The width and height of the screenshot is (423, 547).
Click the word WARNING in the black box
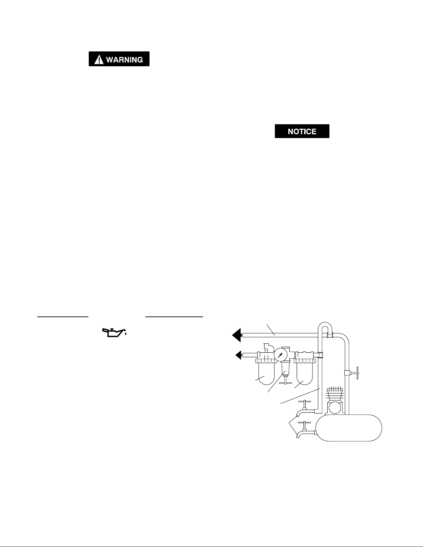tap(124, 60)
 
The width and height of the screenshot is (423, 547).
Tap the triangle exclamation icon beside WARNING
tap(99, 60)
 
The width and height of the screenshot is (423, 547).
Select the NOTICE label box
tap(302, 131)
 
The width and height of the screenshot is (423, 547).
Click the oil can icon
tap(114, 333)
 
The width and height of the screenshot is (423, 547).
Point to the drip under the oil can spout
tap(125, 334)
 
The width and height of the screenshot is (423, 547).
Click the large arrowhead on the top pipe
tap(237, 335)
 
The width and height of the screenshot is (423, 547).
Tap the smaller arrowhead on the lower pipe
tap(238, 355)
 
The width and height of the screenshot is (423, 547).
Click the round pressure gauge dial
tap(280, 355)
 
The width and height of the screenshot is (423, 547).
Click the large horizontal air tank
tap(349, 428)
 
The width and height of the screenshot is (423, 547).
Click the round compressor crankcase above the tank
tap(334, 408)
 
